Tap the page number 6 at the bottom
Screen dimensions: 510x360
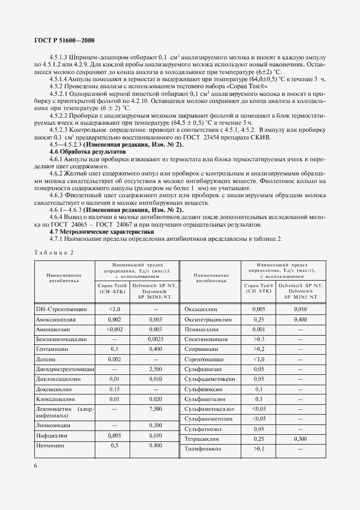pos(35,465)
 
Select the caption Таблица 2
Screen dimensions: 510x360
pos(53,252)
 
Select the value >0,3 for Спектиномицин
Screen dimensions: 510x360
pos(258,338)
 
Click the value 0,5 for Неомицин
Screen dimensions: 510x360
pos(114,445)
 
